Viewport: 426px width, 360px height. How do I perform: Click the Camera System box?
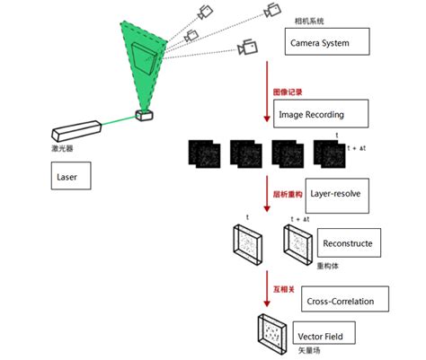[325, 42]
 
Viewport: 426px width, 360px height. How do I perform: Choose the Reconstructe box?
[346, 242]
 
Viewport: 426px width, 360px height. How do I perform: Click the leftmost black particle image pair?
[203, 153]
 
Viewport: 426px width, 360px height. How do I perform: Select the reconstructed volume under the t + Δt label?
[298, 243]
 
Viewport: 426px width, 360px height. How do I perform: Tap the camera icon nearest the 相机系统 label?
[271, 12]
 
